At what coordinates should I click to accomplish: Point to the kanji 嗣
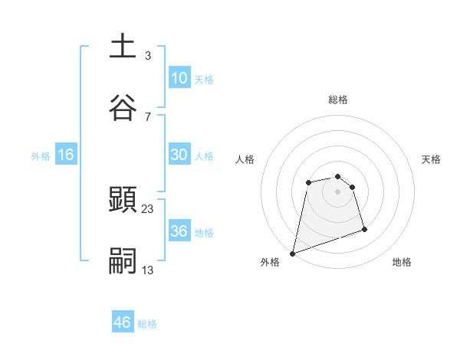(123, 261)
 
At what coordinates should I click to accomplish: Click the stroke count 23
(148, 208)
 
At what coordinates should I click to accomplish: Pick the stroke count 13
(148, 270)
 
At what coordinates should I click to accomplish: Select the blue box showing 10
(179, 78)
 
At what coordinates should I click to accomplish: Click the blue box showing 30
(179, 155)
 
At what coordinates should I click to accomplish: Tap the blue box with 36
(179, 231)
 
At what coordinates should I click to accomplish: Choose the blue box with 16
(66, 155)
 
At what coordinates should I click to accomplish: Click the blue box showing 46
(123, 322)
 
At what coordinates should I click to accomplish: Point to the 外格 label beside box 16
(41, 155)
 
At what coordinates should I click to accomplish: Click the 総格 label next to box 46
(147, 324)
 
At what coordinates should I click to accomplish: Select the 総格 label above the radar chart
(337, 100)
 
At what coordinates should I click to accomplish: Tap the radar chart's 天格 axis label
(432, 159)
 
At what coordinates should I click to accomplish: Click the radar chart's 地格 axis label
(402, 263)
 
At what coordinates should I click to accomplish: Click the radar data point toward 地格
(364, 229)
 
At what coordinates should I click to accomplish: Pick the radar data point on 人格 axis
(308, 182)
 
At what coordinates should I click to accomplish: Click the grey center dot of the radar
(337, 191)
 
